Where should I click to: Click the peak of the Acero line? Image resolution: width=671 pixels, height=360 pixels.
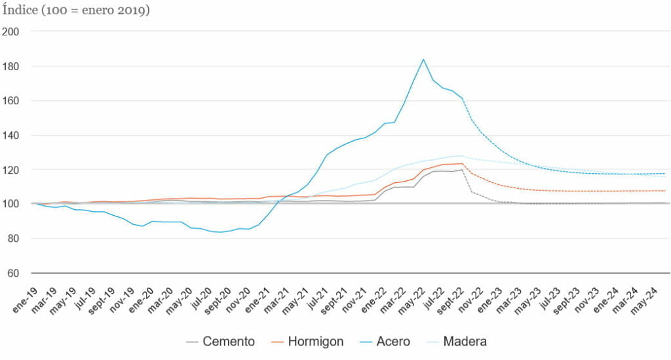[x=423, y=60]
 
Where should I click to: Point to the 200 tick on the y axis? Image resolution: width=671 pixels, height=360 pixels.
[x=10, y=31]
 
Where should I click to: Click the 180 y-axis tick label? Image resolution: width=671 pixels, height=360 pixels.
[x=10, y=66]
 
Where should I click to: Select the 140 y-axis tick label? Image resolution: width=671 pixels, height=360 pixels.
[x=10, y=135]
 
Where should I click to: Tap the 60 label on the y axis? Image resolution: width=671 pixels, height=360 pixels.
[x=13, y=273]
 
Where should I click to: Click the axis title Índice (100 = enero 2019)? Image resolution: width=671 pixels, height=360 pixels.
[x=76, y=11]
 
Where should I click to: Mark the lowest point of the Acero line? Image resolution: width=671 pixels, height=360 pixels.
[x=220, y=232]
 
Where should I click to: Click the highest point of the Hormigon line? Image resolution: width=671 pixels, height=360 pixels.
[x=462, y=163]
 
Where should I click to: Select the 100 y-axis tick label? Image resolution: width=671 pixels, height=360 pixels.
[x=10, y=204]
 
